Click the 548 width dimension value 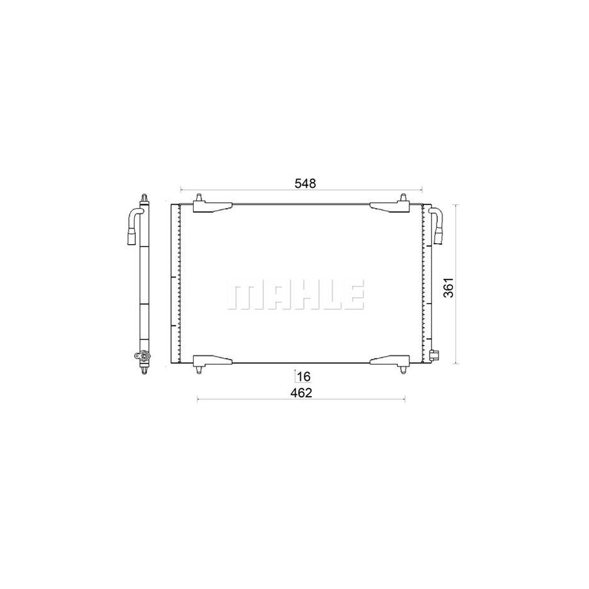click(304, 184)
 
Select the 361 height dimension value click(448, 283)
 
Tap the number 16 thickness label click(303, 376)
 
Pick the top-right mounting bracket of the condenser click(391, 207)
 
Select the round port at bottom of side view click(139, 356)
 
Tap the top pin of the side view click(144, 197)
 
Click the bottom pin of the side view click(144, 371)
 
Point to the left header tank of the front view click(175, 283)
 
